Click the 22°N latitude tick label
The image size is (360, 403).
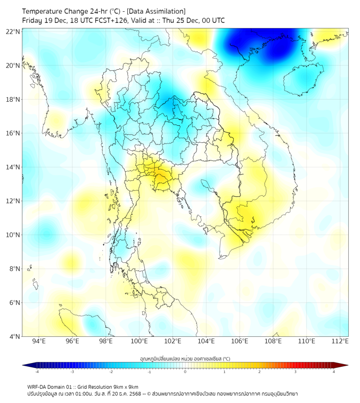tap(13, 31)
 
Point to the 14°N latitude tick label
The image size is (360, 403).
tap(13, 167)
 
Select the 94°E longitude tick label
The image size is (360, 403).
tap(39, 342)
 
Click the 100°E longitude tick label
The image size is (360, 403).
tap(140, 342)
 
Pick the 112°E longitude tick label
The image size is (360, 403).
tap(340, 342)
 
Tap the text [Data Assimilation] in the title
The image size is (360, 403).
tap(156, 11)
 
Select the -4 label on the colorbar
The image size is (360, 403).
tap(37, 372)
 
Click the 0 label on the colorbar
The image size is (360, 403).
tap(185, 372)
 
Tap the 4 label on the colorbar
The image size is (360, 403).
tap(334, 372)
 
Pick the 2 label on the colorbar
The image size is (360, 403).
tap(259, 372)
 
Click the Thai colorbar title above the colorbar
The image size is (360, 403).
tap(185, 358)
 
